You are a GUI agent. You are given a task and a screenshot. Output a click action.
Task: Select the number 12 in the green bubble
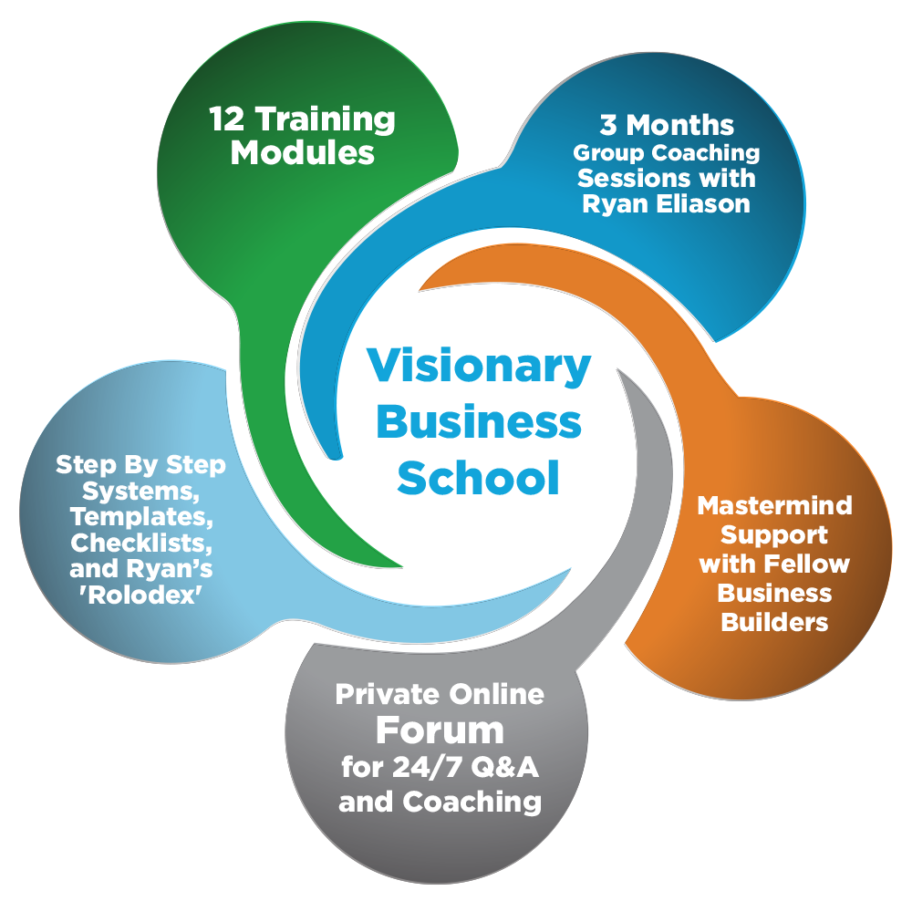tap(227, 119)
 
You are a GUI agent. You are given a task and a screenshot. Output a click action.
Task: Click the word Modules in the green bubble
tap(302, 152)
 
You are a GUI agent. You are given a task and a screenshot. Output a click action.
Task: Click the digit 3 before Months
tap(608, 124)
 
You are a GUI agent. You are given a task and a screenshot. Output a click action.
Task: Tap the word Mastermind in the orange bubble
tap(774, 505)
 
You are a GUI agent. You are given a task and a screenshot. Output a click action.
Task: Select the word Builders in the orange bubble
tap(774, 622)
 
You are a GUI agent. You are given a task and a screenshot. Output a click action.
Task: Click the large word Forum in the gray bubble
tap(440, 730)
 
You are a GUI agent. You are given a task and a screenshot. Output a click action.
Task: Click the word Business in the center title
tap(480, 422)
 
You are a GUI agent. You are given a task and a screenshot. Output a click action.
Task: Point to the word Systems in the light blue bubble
tap(140, 492)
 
